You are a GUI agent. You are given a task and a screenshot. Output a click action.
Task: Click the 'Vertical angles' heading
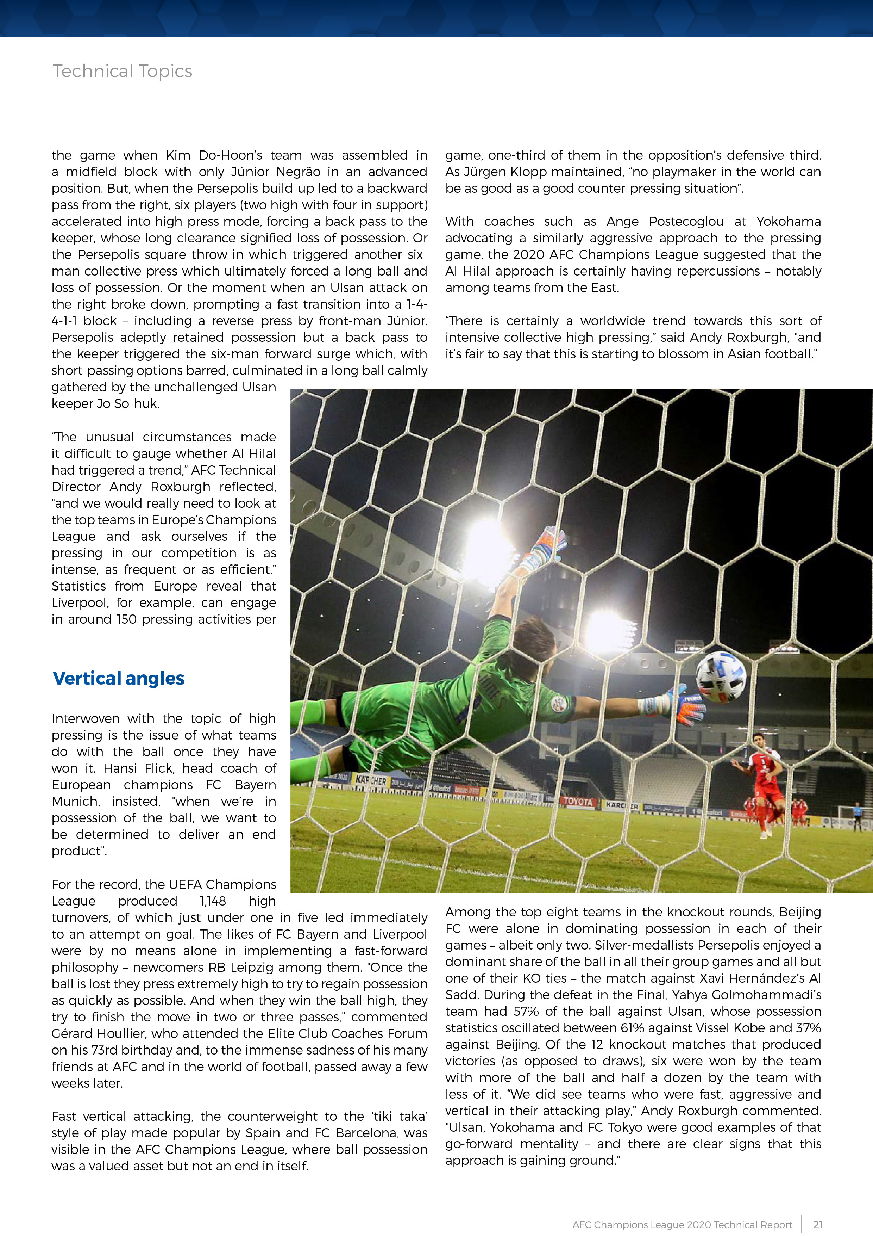[x=118, y=678]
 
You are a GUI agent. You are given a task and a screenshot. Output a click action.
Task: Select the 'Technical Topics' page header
[x=122, y=71]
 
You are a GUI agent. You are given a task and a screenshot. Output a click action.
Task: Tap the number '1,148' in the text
[x=213, y=901]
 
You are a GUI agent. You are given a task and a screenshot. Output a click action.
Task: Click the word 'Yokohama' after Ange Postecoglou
[x=789, y=221]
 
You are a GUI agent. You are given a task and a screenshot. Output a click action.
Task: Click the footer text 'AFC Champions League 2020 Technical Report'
[x=682, y=1225]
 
